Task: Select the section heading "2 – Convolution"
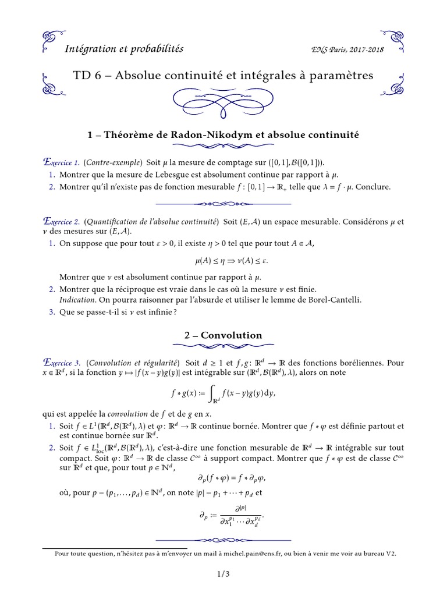pyautogui.click(x=223, y=335)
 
